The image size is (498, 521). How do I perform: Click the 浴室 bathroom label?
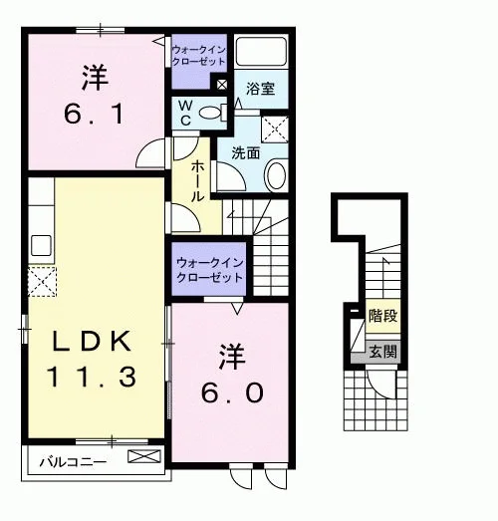260,89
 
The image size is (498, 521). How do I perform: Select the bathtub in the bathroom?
261,52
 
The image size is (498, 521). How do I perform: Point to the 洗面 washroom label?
245,153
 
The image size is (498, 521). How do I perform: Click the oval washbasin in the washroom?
276,174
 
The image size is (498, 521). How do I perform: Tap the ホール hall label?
197,181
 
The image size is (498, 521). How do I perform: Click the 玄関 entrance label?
383,352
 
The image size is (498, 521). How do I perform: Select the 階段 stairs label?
383,316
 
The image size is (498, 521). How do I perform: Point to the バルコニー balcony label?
73,462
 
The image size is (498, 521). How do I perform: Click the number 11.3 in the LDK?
93,377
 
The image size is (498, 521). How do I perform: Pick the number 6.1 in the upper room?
94,114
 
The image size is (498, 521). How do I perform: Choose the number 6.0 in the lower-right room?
232,392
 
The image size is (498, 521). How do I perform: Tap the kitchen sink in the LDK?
41,245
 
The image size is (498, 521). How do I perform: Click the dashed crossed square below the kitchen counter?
42,282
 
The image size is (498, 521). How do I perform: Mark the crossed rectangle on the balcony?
144,456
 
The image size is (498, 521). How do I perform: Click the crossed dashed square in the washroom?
275,130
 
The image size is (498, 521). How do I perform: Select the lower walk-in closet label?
209,270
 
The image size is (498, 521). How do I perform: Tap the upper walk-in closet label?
198,56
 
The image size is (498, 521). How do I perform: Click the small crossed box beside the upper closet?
222,85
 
